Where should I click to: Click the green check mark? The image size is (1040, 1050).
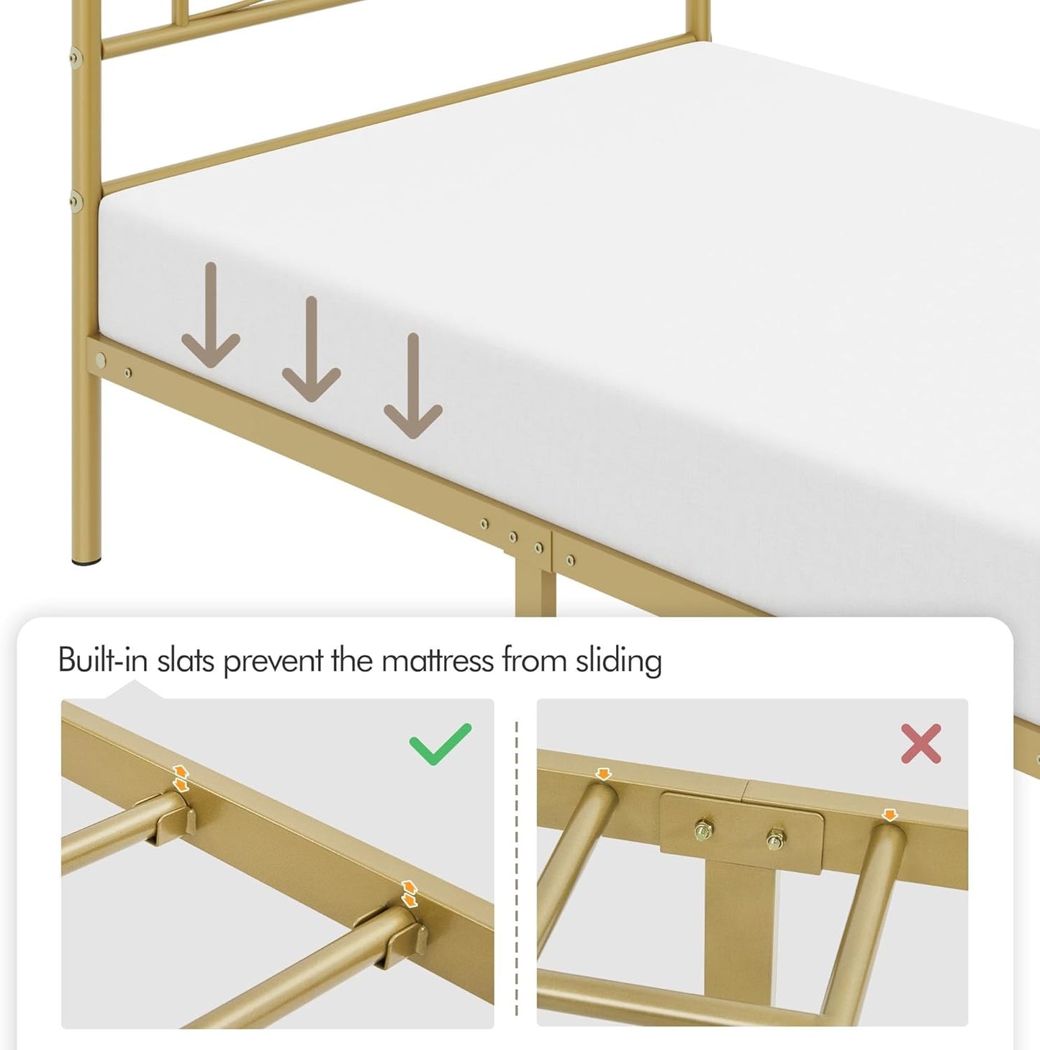click(440, 743)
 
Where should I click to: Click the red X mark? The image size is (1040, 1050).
click(921, 743)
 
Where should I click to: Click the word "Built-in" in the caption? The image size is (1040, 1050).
click(102, 660)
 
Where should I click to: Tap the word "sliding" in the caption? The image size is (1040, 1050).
click(618, 661)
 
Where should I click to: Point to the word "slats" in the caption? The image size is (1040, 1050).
click(186, 660)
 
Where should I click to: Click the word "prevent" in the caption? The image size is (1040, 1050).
click(273, 661)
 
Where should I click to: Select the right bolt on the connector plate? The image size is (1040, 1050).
click(774, 839)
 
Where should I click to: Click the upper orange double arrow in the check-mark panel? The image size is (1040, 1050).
click(181, 778)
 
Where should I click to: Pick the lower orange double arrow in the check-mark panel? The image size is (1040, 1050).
click(409, 894)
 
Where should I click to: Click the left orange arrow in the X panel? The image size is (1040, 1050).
click(603, 774)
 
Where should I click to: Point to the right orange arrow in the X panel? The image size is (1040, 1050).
click(890, 815)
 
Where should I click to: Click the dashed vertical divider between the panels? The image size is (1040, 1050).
click(516, 864)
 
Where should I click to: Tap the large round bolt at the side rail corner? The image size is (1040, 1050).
click(101, 359)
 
